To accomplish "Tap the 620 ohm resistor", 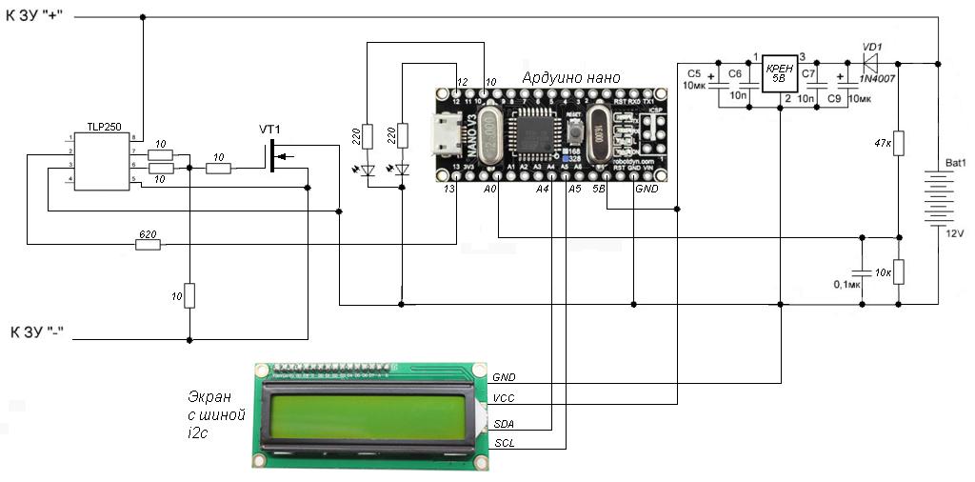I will [x=148, y=246].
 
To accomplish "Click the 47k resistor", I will [x=900, y=144].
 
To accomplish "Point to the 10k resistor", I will [x=900, y=272].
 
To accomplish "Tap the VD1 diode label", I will [x=871, y=45].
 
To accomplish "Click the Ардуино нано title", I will [x=571, y=77].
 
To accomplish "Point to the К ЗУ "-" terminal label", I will [x=41, y=333].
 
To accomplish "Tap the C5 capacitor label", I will [x=693, y=72].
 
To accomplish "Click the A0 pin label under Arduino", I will [x=490, y=190].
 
